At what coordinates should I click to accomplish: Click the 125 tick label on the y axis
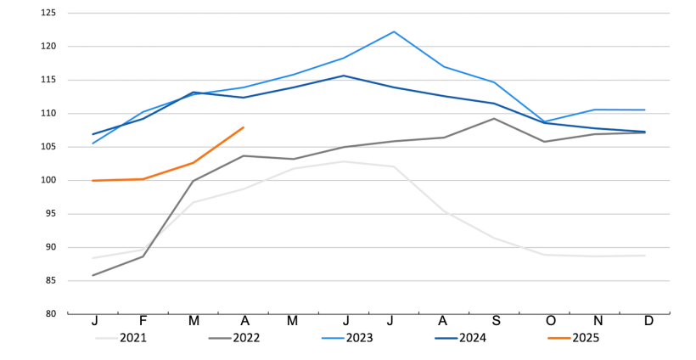(x=48, y=14)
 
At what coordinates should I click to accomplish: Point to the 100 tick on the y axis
(x=48, y=181)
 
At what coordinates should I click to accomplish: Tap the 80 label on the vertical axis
(x=51, y=314)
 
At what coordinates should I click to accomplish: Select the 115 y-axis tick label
(x=48, y=81)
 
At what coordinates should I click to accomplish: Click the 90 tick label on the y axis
(x=51, y=248)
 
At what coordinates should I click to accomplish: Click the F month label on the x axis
(x=143, y=321)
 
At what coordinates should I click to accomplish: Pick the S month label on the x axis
(x=495, y=321)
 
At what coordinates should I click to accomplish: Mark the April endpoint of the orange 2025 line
(x=244, y=127)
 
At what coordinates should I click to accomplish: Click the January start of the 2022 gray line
(x=93, y=275)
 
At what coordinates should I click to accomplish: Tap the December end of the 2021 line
(x=645, y=256)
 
